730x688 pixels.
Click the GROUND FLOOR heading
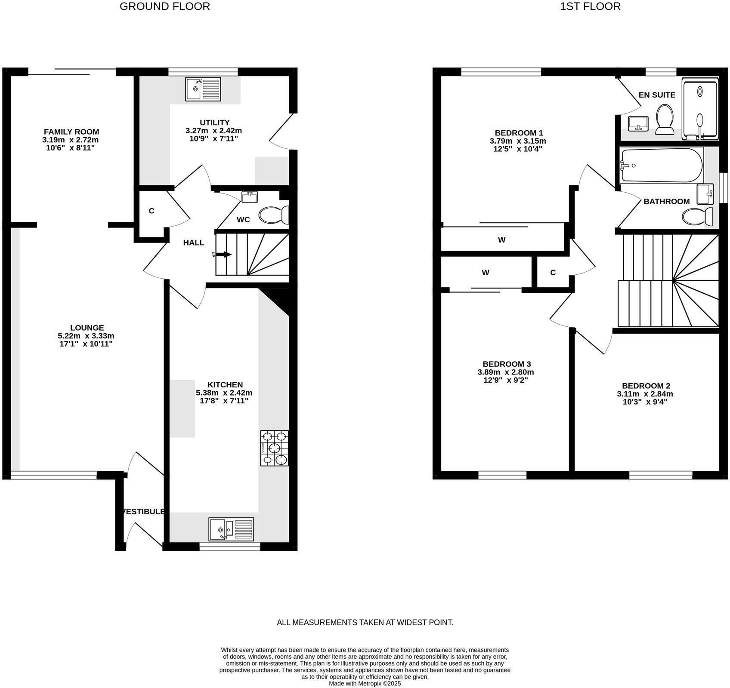coord(165,6)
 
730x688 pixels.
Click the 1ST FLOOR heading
coord(590,6)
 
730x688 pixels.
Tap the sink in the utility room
coord(203,89)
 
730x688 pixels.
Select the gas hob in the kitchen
coord(274,448)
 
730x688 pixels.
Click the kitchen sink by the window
coord(231,529)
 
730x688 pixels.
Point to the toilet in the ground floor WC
coord(274,215)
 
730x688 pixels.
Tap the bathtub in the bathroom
coord(662,166)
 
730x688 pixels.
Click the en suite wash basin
coord(638,123)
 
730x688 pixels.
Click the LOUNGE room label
coord(87,328)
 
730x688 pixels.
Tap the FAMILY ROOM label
coord(71,132)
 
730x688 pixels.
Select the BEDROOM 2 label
coord(646,386)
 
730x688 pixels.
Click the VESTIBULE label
coord(144,511)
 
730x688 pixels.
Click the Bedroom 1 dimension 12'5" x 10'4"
coord(518,149)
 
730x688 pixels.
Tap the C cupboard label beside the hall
coord(152,211)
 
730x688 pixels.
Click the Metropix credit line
coord(365,683)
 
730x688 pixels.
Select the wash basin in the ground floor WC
coord(250,197)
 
